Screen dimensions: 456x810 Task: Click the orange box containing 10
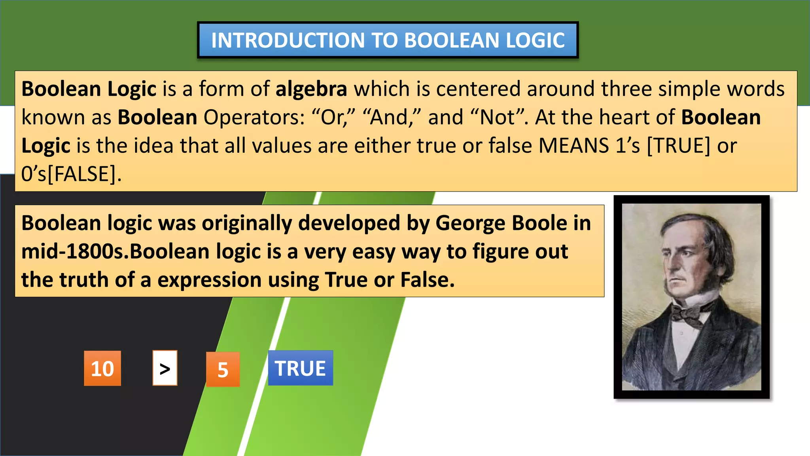tap(102, 368)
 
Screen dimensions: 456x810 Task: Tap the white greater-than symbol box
tap(165, 368)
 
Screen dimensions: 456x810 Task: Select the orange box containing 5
tap(223, 369)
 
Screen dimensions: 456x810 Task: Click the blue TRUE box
tap(300, 368)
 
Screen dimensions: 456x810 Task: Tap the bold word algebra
tap(311, 89)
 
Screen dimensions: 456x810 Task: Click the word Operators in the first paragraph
tap(254, 117)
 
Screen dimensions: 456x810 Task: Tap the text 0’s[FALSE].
tap(71, 174)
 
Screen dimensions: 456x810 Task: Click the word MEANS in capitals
tap(573, 146)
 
